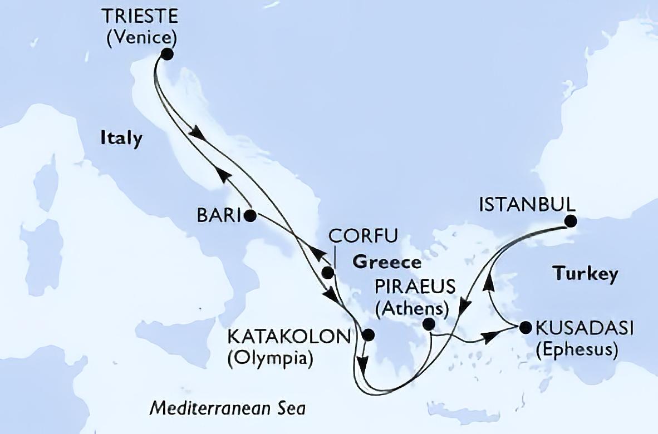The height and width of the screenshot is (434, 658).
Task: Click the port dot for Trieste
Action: click(x=166, y=54)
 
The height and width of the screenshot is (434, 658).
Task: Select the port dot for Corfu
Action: click(x=328, y=272)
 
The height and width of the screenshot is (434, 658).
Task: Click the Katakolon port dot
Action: click(x=367, y=335)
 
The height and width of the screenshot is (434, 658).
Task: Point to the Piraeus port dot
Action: click(x=429, y=324)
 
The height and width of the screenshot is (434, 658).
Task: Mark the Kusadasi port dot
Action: click(x=525, y=327)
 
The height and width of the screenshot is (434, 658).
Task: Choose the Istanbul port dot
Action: click(x=569, y=221)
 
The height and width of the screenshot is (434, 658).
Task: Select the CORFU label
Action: click(x=363, y=236)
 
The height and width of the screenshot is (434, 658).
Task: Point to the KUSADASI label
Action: click(x=584, y=328)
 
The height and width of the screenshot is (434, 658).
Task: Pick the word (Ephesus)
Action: click(x=576, y=350)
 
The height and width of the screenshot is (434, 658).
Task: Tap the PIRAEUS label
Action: click(x=415, y=287)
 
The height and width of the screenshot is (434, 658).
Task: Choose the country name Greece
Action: click(x=386, y=263)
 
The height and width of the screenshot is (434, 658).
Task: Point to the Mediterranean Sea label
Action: click(x=228, y=409)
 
